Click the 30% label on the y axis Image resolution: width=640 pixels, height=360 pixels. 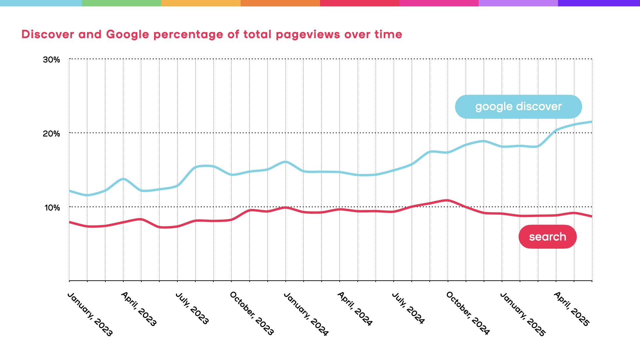[x=51, y=60]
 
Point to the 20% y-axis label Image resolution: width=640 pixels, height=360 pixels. [x=51, y=134]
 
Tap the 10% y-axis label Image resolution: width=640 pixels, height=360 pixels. [x=52, y=208]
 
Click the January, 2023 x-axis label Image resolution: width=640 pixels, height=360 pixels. [x=90, y=314]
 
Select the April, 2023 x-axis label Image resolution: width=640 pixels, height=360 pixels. [x=139, y=309]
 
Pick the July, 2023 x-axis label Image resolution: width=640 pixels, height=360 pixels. [x=192, y=308]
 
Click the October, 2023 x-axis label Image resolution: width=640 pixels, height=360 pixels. [x=252, y=313]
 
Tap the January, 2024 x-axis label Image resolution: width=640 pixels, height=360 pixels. [x=306, y=314]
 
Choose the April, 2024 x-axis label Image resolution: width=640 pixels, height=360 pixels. [x=355, y=308]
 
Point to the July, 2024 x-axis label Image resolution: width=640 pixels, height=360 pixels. [x=408, y=308]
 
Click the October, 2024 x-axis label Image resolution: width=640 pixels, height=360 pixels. [x=468, y=313]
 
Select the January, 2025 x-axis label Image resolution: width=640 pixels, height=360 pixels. [x=522, y=314]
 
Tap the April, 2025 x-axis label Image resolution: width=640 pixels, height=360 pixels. [x=571, y=309]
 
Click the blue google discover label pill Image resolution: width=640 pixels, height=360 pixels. [x=518, y=107]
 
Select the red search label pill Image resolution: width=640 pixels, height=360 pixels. [x=547, y=237]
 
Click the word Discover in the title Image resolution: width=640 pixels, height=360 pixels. [x=48, y=34]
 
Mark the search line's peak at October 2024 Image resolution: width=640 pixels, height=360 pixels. [x=448, y=200]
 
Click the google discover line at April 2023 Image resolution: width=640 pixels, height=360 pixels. [x=123, y=179]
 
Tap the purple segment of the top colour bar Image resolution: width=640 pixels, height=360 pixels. [x=599, y=3]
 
